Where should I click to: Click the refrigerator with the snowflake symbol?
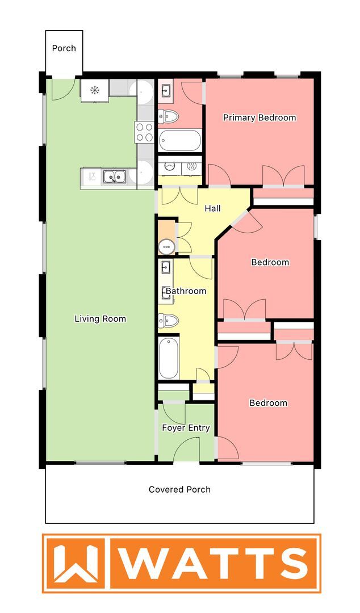point(95,90)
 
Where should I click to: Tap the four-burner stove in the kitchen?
point(144,132)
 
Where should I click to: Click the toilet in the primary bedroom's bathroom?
point(168,117)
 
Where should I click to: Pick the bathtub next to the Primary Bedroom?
point(179,140)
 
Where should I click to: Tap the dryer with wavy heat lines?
point(191,166)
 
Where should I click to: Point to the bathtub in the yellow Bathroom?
point(169,358)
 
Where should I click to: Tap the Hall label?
point(212,208)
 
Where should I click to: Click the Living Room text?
point(100,318)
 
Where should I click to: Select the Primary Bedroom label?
point(259,117)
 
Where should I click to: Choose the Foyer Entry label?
point(186,428)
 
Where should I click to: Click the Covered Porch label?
point(179,489)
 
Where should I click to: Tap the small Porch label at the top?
point(64,48)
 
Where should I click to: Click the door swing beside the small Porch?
point(62,89)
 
